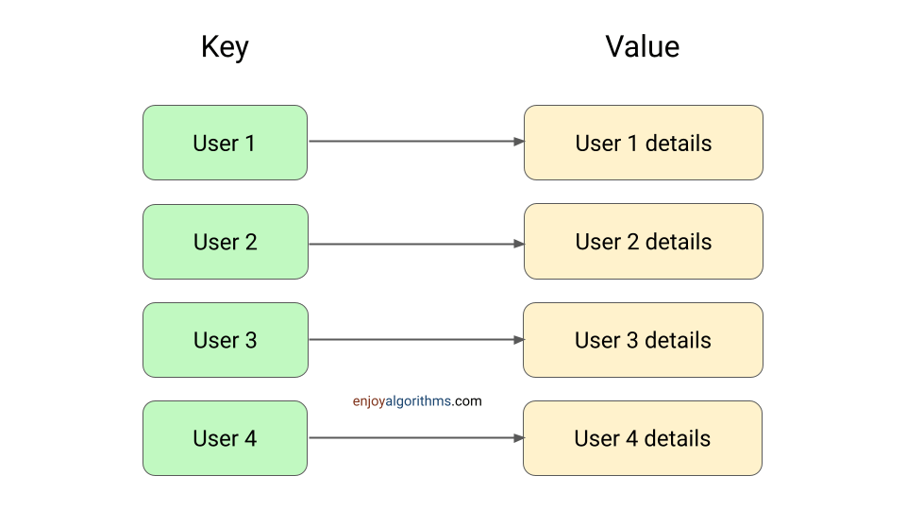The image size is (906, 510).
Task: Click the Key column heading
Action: click(x=225, y=47)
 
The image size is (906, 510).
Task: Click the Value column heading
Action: click(x=642, y=47)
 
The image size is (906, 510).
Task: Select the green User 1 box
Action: click(x=225, y=143)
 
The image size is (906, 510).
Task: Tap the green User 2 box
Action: click(x=225, y=242)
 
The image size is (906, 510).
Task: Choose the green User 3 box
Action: click(x=225, y=340)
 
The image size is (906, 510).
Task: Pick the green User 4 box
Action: click(x=225, y=438)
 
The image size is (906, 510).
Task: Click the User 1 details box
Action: click(x=643, y=143)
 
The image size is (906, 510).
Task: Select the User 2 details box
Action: click(x=643, y=242)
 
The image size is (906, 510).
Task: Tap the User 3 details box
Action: click(x=643, y=340)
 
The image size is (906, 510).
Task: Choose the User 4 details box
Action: click(x=643, y=438)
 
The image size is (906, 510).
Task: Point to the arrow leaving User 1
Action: click(x=415, y=142)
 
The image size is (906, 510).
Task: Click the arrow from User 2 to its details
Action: click(x=415, y=244)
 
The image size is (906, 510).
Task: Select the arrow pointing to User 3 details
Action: click(x=415, y=340)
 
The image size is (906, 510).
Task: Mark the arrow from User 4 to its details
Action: click(x=415, y=438)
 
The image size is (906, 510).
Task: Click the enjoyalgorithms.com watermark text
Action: click(x=417, y=401)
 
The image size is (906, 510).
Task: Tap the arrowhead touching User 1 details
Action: click(x=519, y=142)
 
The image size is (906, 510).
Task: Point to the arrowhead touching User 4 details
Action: click(x=519, y=438)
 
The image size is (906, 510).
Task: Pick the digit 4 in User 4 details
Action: click(x=631, y=438)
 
